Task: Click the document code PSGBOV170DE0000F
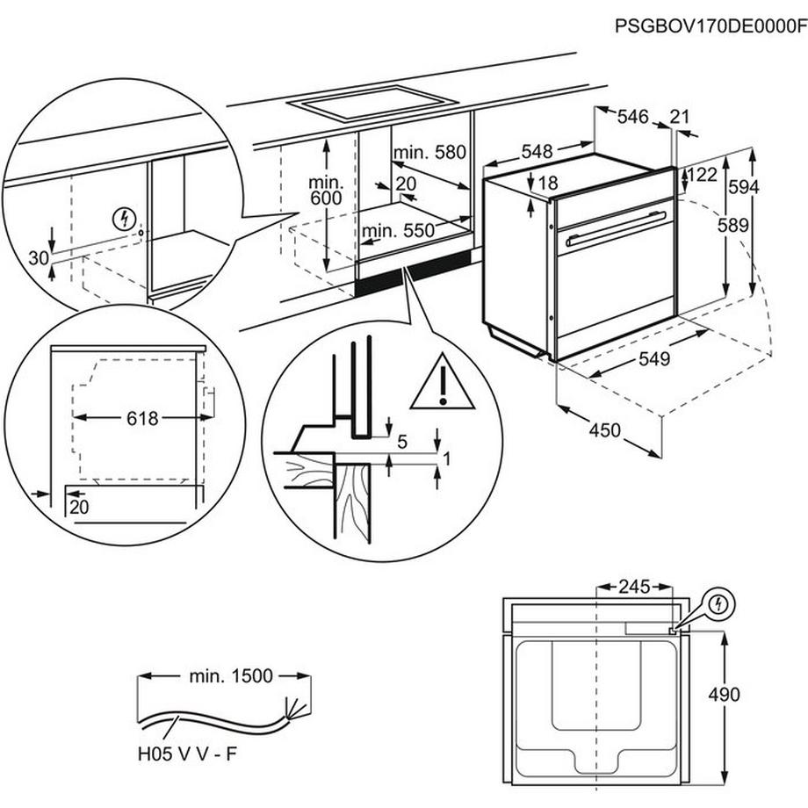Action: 711,27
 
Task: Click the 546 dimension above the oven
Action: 632,117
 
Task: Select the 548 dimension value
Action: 537,152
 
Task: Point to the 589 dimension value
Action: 732,225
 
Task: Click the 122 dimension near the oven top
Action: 703,175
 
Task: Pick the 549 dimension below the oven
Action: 653,358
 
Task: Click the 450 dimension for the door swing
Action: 604,430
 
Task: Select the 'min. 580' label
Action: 429,152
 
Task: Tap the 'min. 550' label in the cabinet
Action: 399,231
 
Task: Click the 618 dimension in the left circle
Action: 141,419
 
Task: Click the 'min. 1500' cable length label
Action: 230,676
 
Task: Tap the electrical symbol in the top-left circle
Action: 126,218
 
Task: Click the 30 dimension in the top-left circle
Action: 37,257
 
